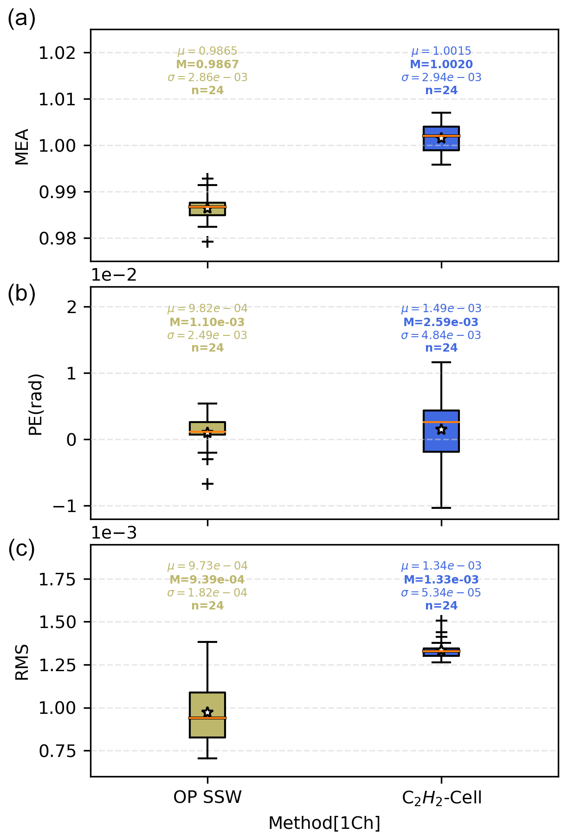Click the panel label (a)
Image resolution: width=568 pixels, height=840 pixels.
[x=21, y=19]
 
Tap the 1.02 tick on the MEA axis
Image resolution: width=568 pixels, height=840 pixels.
[x=57, y=53]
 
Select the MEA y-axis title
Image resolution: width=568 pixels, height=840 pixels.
[x=22, y=146]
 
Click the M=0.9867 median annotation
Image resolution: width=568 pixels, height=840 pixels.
[x=207, y=64]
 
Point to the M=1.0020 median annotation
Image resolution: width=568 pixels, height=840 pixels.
[x=441, y=64]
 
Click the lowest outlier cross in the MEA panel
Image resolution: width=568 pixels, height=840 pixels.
[x=207, y=242]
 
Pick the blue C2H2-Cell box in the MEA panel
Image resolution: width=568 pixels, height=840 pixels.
[x=441, y=138]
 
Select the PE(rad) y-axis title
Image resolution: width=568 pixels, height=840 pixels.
[x=36, y=404]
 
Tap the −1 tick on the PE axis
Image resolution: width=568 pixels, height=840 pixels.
[x=64, y=506]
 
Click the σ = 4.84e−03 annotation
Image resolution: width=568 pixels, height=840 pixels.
[x=441, y=335]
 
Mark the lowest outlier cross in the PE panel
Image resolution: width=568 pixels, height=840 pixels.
[x=207, y=484]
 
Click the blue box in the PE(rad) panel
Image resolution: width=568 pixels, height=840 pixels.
[x=441, y=431]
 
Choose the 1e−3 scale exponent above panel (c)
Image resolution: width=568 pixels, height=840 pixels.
[x=114, y=533]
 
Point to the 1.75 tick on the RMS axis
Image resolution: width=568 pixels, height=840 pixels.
[x=57, y=579]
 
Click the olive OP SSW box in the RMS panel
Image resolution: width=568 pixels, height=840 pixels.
[x=207, y=715]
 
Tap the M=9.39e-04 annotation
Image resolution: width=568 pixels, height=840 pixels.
[x=207, y=579]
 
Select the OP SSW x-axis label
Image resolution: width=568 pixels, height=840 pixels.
[x=207, y=797]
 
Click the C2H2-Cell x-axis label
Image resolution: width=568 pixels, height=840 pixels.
[x=441, y=797]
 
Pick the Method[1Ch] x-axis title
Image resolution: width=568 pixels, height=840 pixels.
[x=324, y=823]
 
